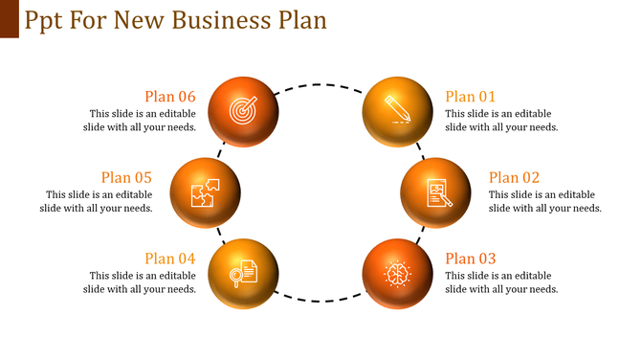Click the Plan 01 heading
click(x=471, y=96)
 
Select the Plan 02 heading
click(x=514, y=177)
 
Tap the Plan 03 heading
click(x=471, y=259)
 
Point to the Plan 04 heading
click(x=170, y=259)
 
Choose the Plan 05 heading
click(x=127, y=177)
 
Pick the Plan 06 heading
click(x=170, y=96)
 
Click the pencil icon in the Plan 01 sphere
click(x=397, y=107)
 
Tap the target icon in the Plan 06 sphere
click(x=242, y=110)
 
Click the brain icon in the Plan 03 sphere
click(x=397, y=273)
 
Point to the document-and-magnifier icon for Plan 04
click(x=242, y=273)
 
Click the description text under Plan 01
click(x=501, y=120)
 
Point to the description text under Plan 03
click(x=501, y=282)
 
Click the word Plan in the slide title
click(x=300, y=20)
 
